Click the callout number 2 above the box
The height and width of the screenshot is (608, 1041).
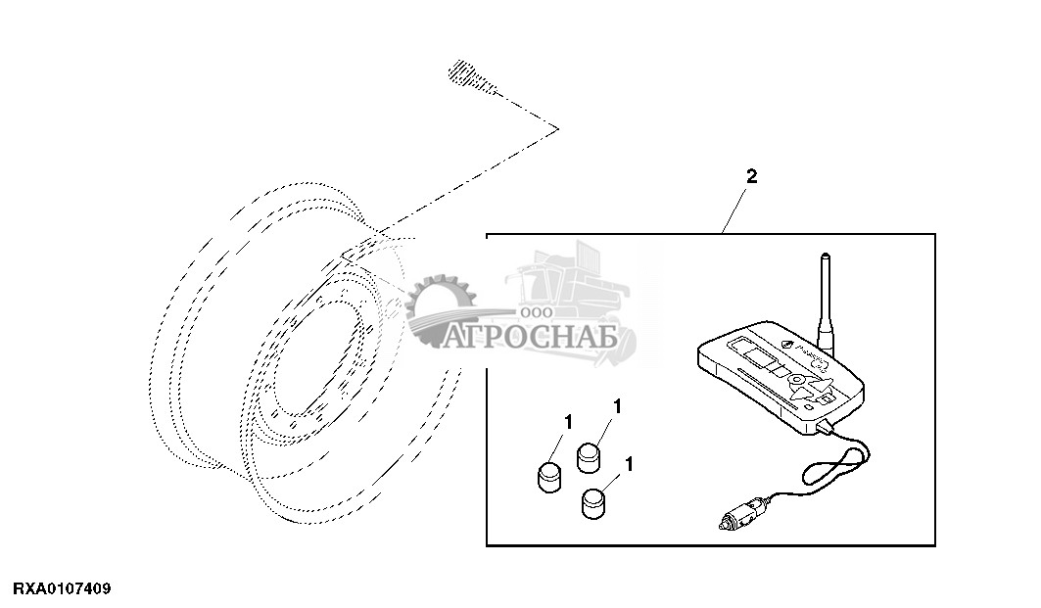click(751, 177)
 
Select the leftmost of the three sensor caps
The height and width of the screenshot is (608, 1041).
click(548, 477)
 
